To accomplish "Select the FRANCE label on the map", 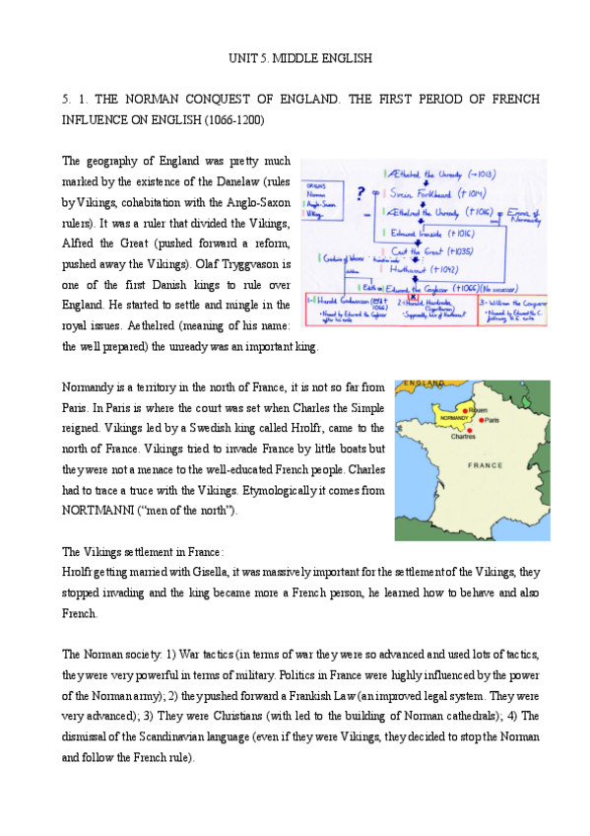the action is click(485, 464).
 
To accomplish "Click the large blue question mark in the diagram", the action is click(361, 193).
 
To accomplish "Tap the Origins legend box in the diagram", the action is click(320, 197).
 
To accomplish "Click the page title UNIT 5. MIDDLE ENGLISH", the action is click(295, 59).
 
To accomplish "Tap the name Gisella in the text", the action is click(223, 572).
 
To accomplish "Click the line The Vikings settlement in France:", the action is click(143, 552).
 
